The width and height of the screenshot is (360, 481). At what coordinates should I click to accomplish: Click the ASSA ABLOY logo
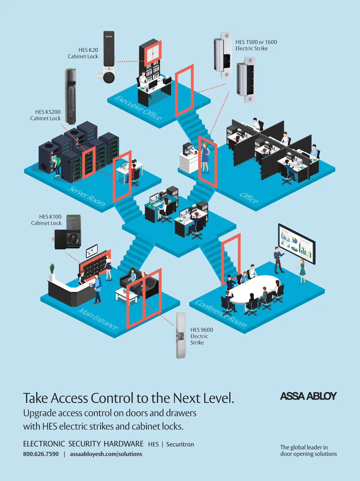(308, 396)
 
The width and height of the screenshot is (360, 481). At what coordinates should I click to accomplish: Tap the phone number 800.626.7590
(41, 454)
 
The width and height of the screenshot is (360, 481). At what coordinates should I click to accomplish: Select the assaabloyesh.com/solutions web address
(106, 454)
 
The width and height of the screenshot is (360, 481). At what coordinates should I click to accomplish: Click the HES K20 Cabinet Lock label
(83, 53)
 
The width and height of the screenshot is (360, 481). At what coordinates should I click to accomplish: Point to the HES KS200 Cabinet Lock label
(46, 115)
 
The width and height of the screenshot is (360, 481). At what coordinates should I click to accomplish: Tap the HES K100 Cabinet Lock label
(46, 220)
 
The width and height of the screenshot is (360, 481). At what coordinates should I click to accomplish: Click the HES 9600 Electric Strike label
(201, 336)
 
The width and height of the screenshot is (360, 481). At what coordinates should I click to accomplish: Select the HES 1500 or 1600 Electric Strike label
(256, 45)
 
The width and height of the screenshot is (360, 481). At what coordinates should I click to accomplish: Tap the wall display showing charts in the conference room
(296, 244)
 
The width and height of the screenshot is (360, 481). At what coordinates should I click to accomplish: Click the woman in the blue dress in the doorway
(205, 158)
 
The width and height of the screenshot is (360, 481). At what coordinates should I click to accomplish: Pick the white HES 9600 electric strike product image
(181, 335)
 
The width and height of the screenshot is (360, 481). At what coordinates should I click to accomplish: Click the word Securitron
(180, 444)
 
